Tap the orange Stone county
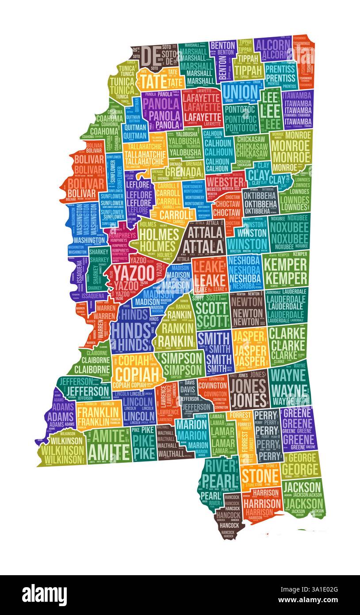click(260, 476)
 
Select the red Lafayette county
click(202, 107)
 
